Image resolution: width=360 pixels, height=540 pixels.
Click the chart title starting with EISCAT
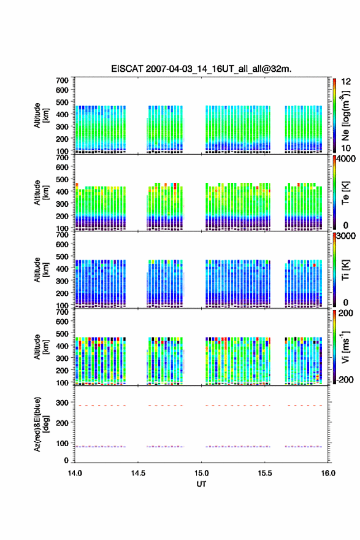201,69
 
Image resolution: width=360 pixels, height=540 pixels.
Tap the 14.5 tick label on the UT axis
138,473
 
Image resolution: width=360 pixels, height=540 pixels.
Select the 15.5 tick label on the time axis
265,473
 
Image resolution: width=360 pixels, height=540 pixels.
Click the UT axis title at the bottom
201,484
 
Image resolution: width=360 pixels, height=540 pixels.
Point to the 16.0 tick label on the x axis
328,473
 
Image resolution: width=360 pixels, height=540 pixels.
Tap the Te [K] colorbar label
345,193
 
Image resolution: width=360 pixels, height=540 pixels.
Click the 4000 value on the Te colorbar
347,159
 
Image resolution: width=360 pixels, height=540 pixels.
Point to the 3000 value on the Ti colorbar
347,236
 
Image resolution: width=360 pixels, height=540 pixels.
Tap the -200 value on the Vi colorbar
345,379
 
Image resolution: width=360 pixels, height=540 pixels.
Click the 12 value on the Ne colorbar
346,82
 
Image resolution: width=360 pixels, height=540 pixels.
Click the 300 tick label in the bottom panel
62,403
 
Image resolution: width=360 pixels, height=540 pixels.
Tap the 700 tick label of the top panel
62,80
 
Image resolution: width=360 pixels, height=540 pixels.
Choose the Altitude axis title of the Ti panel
41,270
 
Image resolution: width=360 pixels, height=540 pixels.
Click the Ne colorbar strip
334,115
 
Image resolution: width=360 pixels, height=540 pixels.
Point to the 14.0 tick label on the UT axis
75,473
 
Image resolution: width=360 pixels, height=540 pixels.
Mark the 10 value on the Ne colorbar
346,148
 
